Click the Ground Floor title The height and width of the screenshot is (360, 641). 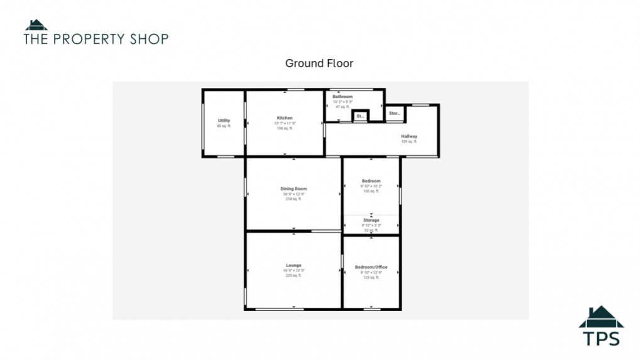click(x=319, y=63)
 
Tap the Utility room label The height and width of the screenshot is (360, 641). click(x=224, y=121)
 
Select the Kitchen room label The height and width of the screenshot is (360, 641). click(x=285, y=118)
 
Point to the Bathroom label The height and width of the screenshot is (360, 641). click(x=342, y=97)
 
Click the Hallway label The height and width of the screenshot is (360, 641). click(x=409, y=136)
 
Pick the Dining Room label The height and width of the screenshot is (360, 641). click(x=293, y=189)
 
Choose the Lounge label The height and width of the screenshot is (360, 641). click(x=293, y=265)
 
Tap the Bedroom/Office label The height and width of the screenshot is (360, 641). click(x=371, y=267)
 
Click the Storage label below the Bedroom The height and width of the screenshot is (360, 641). click(x=371, y=221)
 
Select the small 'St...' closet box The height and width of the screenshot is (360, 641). click(x=360, y=116)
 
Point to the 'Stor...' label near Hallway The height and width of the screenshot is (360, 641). click(x=394, y=114)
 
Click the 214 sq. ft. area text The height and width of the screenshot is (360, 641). click(x=293, y=199)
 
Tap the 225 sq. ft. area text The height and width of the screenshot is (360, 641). click(x=293, y=275)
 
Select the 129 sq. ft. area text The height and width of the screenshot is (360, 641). click(x=409, y=142)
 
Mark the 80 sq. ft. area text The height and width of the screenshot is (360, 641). click(x=224, y=126)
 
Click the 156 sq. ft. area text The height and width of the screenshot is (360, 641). click(x=285, y=128)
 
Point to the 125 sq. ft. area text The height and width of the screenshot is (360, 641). click(x=371, y=277)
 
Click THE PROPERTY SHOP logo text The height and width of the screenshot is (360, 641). click(x=96, y=39)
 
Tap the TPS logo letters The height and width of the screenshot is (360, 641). click(x=601, y=338)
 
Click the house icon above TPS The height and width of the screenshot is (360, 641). click(x=601, y=317)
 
